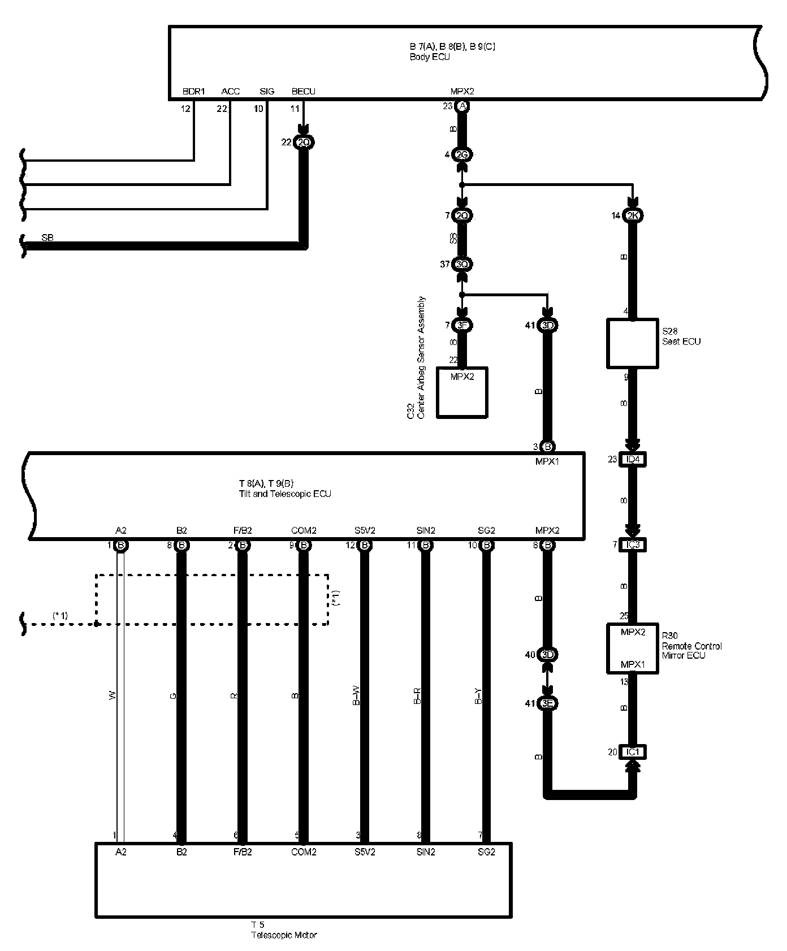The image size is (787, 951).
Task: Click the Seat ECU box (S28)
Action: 632,343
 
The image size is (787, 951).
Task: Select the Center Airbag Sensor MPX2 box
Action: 462,392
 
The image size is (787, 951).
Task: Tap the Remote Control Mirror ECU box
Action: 632,648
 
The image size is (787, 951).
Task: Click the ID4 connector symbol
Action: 633,459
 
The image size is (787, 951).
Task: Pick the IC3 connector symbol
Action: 633,544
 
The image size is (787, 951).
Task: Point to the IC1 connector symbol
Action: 633,752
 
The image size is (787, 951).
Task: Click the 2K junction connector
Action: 633,215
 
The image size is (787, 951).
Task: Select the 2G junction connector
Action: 462,154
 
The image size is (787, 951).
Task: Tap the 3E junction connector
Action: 547,703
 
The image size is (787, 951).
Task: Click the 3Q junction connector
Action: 462,264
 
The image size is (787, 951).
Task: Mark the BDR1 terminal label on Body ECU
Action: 193,91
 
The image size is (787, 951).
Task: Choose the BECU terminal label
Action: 303,91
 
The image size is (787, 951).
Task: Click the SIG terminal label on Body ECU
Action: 267,91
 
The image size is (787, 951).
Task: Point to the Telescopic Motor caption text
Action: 284,935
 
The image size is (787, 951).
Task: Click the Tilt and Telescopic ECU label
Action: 284,494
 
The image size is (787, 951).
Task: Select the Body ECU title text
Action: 430,57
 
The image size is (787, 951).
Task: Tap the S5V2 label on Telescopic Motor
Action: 365,851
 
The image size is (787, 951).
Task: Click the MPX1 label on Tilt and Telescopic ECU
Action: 547,461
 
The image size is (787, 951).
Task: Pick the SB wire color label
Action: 47,238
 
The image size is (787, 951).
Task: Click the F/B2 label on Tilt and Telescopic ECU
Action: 243,530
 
